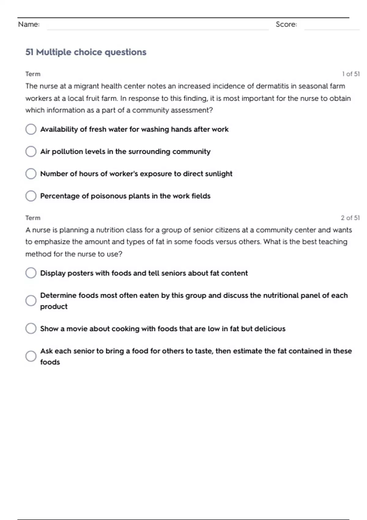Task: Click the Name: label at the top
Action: [29, 24]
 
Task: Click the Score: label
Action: [286, 24]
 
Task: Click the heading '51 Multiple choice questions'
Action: [86, 52]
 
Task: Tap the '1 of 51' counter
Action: [351, 74]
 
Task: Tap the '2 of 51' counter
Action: [350, 218]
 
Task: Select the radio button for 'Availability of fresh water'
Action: [31, 129]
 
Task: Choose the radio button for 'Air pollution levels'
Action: [31, 151]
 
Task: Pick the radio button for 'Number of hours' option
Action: [31, 174]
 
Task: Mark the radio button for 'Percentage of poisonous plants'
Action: [31, 196]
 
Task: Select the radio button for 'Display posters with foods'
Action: [31, 273]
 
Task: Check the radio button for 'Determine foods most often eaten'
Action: [31, 301]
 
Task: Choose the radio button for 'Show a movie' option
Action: [31, 329]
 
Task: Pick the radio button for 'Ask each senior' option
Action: [31, 356]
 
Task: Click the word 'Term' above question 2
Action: [33, 218]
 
